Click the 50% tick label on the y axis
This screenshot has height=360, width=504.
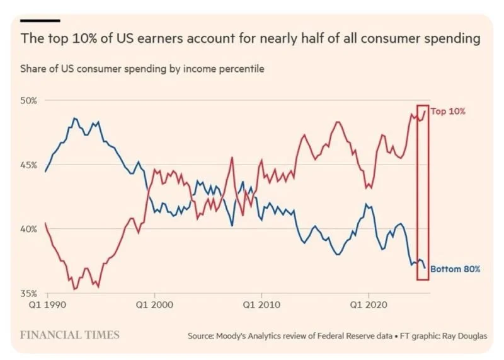[x=30, y=100]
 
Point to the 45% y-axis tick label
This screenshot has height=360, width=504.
[x=30, y=165]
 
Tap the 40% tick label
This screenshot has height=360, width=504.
[x=30, y=229]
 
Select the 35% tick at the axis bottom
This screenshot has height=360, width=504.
[x=30, y=293]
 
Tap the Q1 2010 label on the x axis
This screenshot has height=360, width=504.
[x=261, y=303]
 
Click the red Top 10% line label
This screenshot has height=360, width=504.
[x=448, y=111]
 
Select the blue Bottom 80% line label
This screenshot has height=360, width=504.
[x=455, y=269]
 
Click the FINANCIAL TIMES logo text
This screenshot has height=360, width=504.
[x=70, y=334]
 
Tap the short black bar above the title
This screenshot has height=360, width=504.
[x=40, y=21]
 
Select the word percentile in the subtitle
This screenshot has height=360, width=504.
[x=241, y=69]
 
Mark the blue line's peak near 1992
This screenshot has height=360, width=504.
[x=74, y=118]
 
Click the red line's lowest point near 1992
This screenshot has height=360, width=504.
[x=75, y=289]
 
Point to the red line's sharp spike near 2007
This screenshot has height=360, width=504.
[x=232, y=157]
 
